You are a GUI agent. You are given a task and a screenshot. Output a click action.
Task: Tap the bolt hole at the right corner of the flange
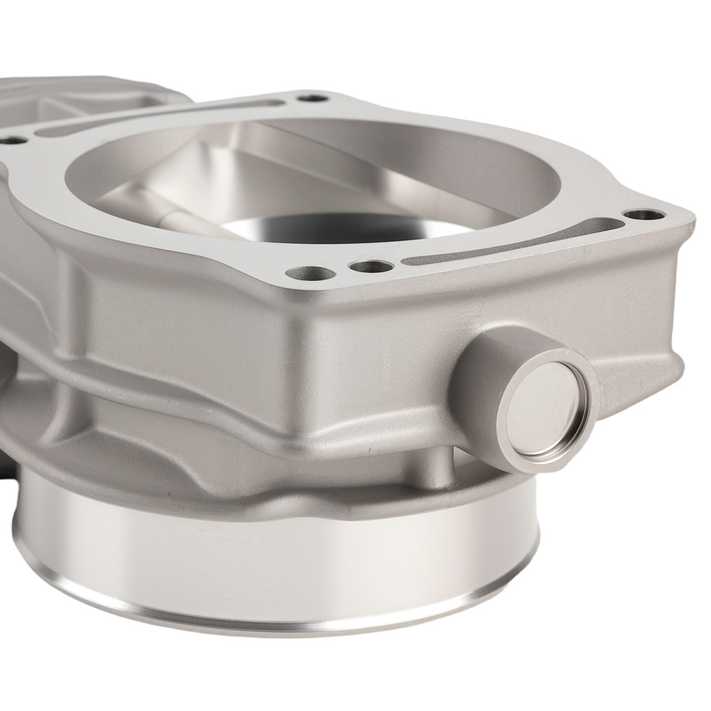(643, 214)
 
